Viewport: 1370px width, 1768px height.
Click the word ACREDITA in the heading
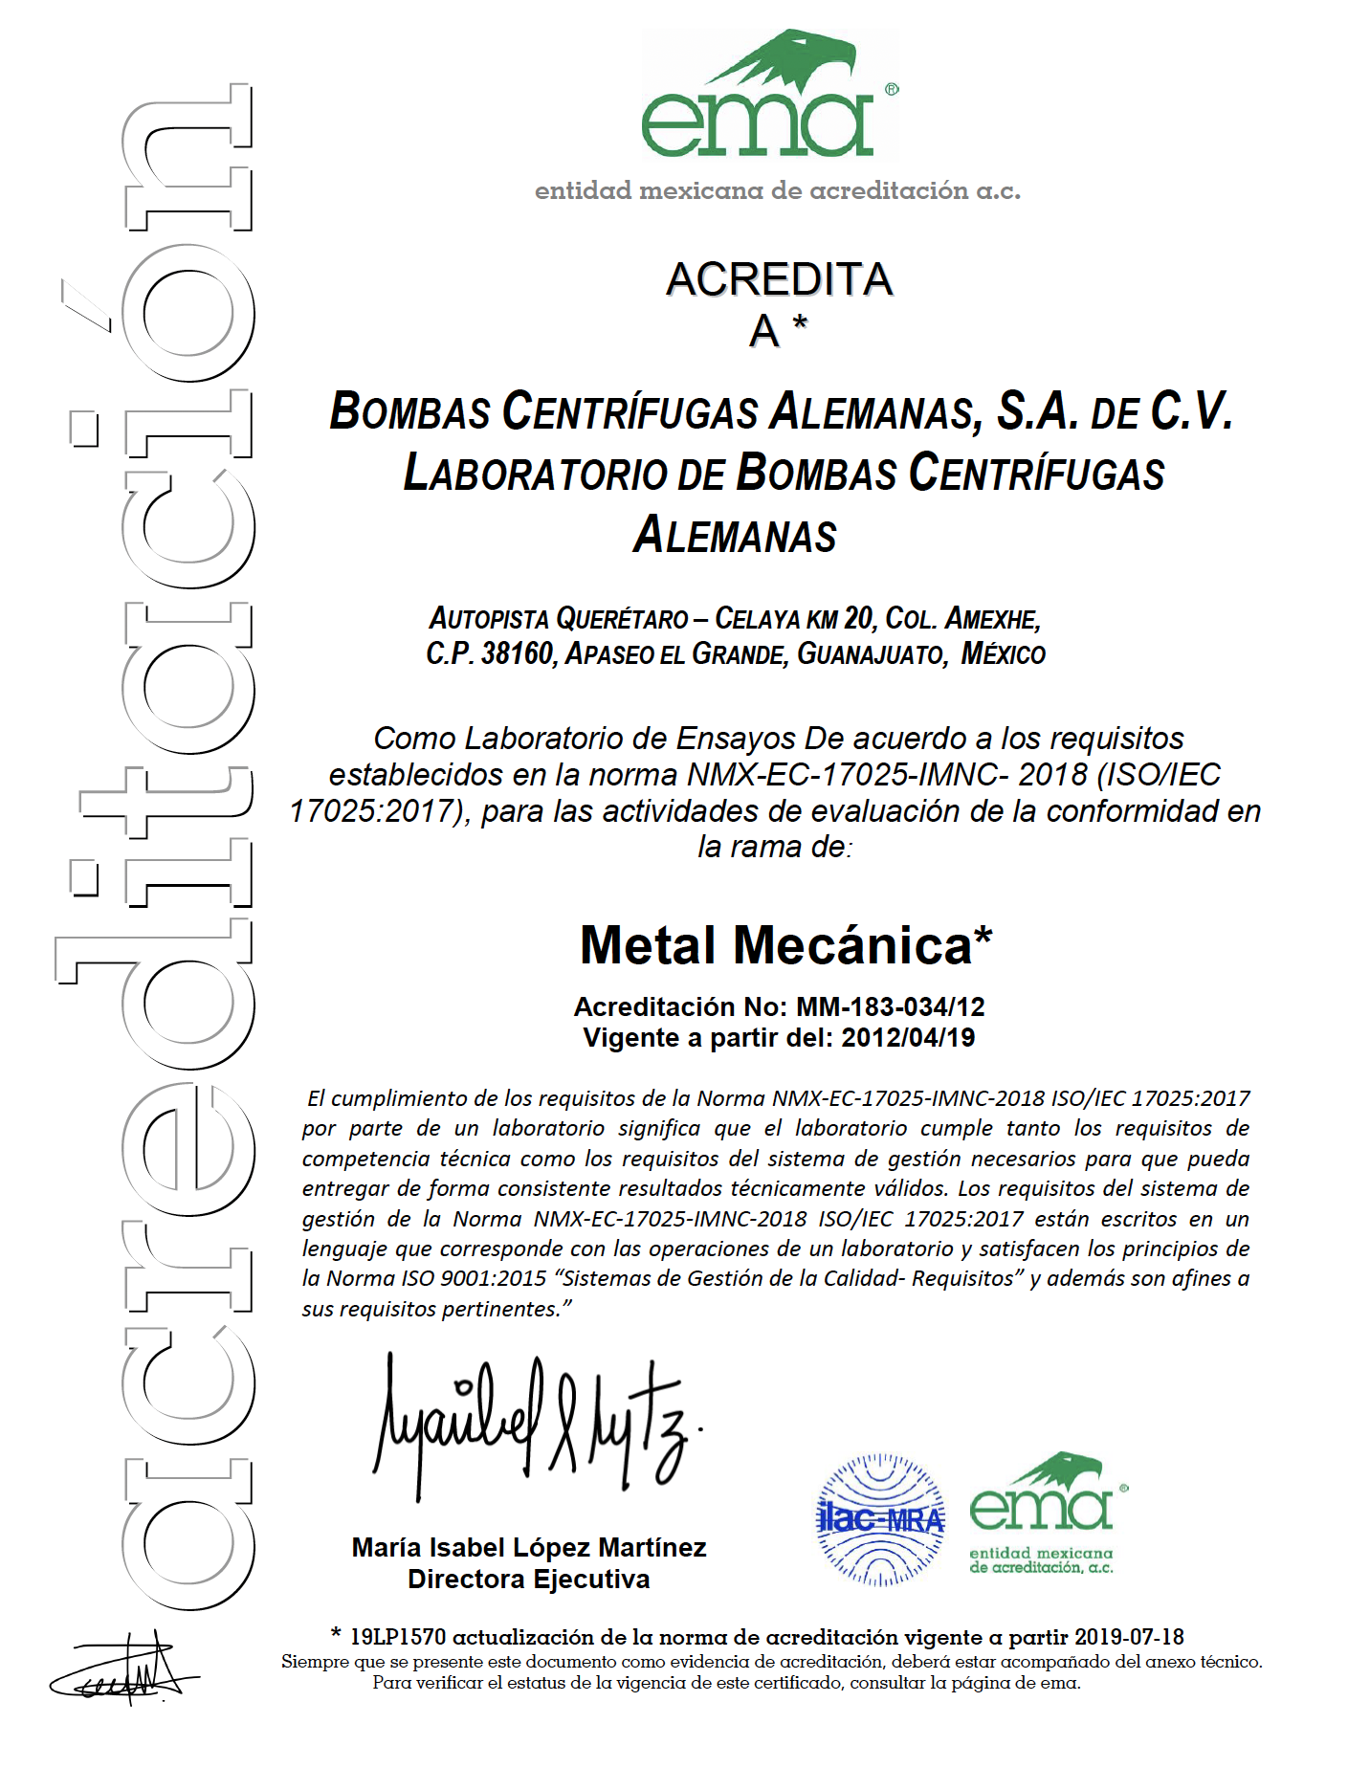click(x=779, y=279)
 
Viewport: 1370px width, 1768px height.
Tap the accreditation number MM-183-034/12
click(x=890, y=1006)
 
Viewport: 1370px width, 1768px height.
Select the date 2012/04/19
click(x=908, y=1038)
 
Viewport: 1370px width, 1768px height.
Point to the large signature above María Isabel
click(x=536, y=1425)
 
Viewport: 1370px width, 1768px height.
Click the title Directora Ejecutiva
click(x=528, y=1579)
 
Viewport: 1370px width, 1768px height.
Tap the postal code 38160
click(x=517, y=654)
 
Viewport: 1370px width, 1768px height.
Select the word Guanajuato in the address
click(x=871, y=654)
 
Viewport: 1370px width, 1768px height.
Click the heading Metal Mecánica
click(x=785, y=945)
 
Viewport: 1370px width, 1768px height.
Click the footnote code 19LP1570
click(x=398, y=1637)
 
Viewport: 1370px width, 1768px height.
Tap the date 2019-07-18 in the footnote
click(x=1129, y=1637)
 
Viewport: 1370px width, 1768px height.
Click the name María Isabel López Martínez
click(x=528, y=1547)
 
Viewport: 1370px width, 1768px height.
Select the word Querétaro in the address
click(x=622, y=619)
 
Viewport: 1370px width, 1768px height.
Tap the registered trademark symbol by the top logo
click(x=892, y=90)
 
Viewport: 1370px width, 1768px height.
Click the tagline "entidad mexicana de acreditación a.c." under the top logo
click(x=777, y=190)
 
